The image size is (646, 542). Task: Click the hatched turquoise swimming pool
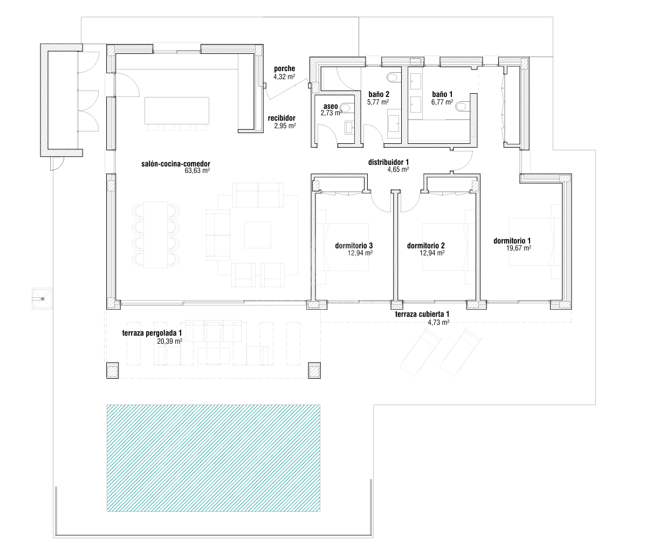[x=214, y=458]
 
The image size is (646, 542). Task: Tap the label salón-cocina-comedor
[x=175, y=164]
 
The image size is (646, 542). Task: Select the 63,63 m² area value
[x=197, y=171]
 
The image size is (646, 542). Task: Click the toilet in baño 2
[x=393, y=78]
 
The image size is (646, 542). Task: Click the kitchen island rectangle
[x=177, y=110]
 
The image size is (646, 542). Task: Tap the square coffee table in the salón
[x=258, y=235]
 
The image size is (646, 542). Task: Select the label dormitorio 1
[x=512, y=241]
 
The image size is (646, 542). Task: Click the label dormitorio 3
[x=354, y=246]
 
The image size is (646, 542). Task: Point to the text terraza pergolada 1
[x=152, y=333]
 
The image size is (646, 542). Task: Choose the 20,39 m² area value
[x=169, y=341]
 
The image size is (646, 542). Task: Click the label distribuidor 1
[x=388, y=162]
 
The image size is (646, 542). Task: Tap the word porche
[x=284, y=69]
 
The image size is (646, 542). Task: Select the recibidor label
[x=282, y=118]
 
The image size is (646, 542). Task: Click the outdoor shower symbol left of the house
[x=42, y=298]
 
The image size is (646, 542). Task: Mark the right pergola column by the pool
[x=314, y=370]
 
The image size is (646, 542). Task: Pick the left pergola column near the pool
[x=113, y=370]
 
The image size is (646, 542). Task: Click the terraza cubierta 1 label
[x=422, y=315]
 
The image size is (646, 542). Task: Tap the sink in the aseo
[x=349, y=128]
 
